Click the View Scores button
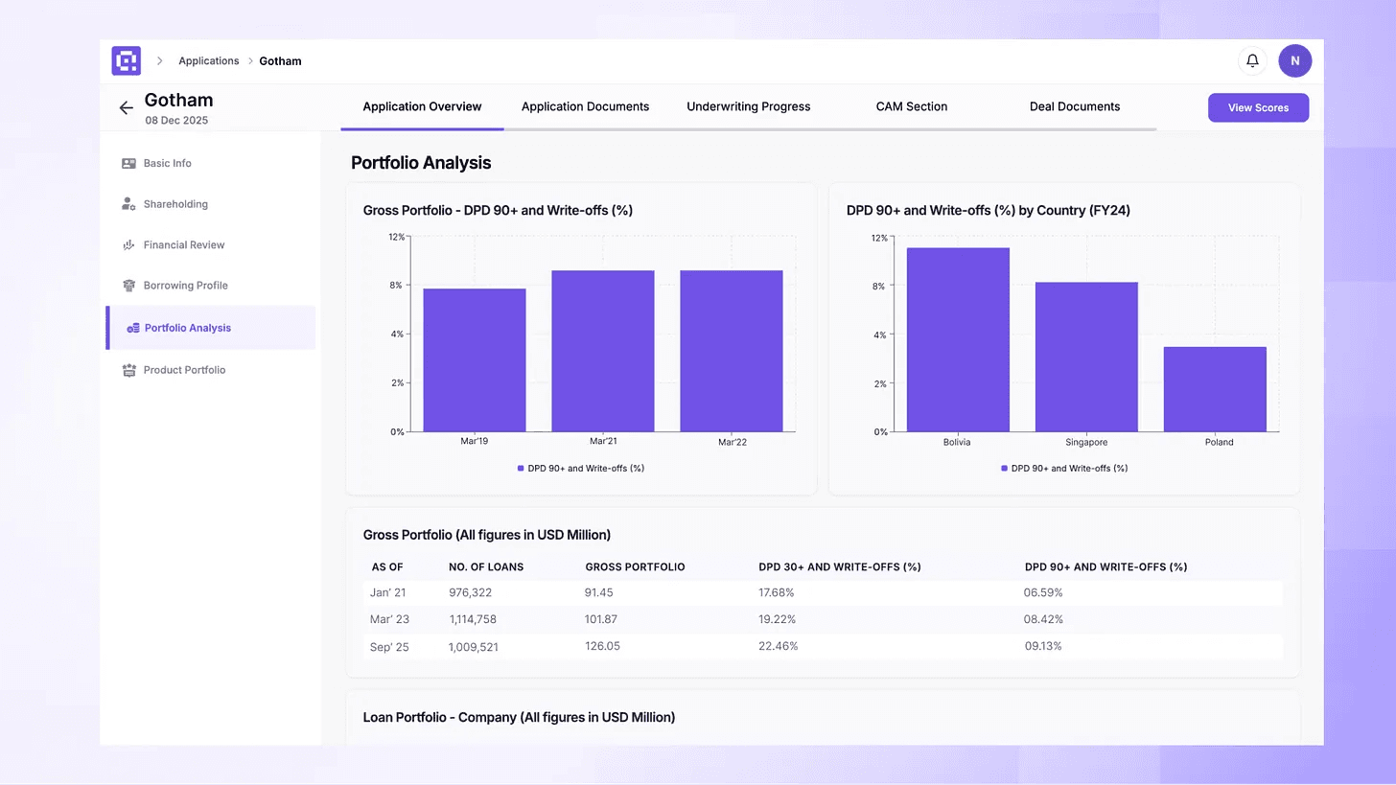tap(1258, 107)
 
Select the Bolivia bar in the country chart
tap(957, 339)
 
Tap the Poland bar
tap(1215, 389)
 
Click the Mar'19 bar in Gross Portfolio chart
tap(474, 359)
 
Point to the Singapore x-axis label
tap(1086, 443)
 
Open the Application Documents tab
tap(585, 106)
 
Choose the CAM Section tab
tap(911, 106)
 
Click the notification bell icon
tap(1252, 61)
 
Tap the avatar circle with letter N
tap(1294, 61)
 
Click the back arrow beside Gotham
tap(126, 108)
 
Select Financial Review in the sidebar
tap(183, 245)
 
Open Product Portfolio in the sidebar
tap(184, 370)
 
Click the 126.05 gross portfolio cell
tap(602, 646)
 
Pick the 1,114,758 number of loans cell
tap(473, 619)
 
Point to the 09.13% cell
tap(1043, 646)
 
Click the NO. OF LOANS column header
tap(486, 567)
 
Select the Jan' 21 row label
tap(388, 592)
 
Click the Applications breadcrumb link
tap(208, 61)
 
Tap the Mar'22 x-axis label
tap(732, 442)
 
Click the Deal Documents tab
tap(1074, 106)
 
